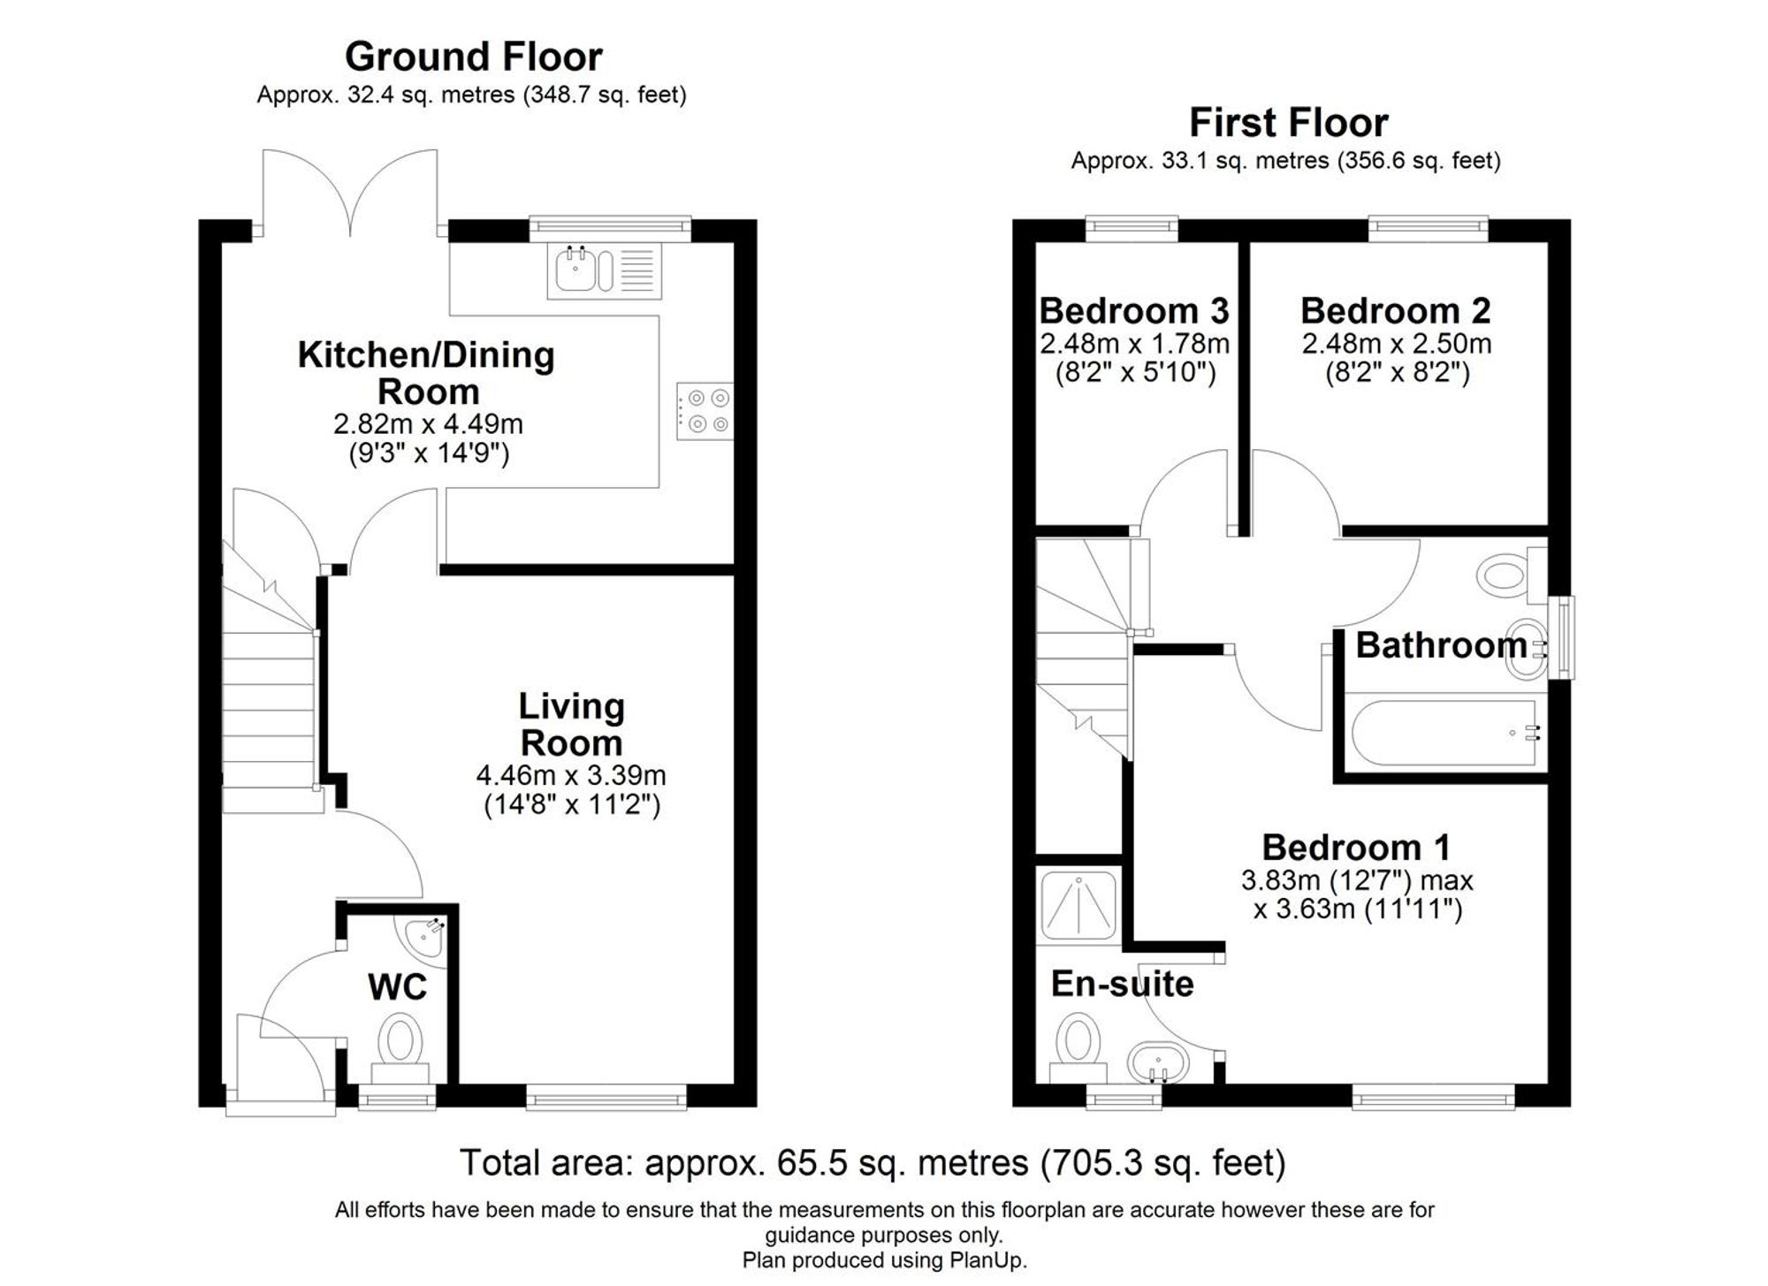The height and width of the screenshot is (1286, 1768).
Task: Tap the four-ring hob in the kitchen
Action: (x=705, y=411)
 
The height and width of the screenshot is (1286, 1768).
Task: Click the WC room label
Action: (x=398, y=986)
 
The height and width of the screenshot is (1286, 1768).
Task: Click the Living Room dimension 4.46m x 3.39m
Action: (x=571, y=775)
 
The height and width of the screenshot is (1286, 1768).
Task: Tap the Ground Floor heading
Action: (x=473, y=57)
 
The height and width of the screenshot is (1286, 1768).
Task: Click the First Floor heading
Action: (x=1288, y=122)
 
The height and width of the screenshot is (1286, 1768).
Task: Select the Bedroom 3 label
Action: (x=1134, y=311)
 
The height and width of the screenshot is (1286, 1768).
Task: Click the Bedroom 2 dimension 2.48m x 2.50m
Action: (x=1396, y=343)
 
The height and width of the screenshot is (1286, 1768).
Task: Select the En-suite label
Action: (x=1122, y=984)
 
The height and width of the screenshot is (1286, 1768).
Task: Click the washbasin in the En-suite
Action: (x=1157, y=1062)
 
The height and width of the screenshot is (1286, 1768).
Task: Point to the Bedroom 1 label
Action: (x=1355, y=848)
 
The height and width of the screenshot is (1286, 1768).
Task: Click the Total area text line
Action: (x=873, y=1162)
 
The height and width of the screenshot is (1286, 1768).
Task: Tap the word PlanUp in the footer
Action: (x=987, y=1260)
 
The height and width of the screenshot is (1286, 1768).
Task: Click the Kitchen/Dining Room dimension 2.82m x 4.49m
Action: (x=428, y=424)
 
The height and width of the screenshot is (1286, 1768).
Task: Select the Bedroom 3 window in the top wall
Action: (x=1132, y=228)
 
